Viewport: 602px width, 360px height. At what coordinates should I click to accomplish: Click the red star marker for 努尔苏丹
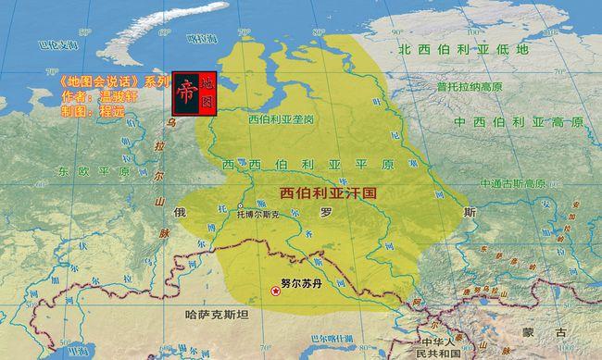[275, 292]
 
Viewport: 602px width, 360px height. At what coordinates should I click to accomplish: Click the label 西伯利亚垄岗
[282, 119]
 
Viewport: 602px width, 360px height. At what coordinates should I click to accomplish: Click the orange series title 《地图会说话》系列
[108, 81]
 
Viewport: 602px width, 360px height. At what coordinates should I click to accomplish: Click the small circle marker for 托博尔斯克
[240, 205]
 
